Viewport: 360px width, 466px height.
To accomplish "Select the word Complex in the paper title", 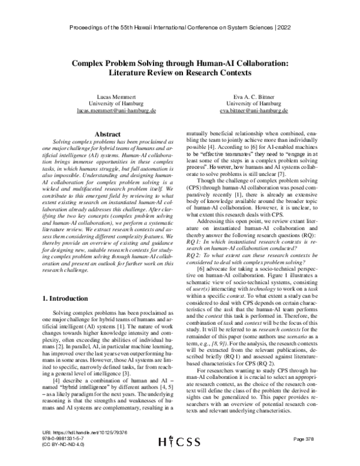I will tap(90, 62).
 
